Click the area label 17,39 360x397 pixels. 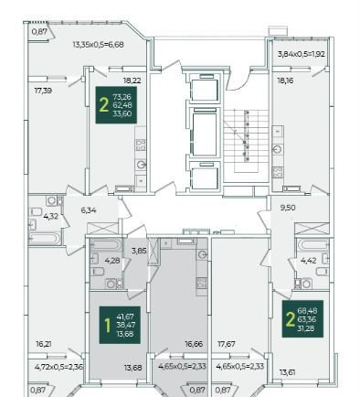pyautogui.click(x=43, y=91)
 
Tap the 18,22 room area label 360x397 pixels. pyautogui.click(x=132, y=80)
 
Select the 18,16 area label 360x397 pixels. pyautogui.click(x=285, y=80)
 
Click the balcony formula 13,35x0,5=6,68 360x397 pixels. pyautogui.click(x=98, y=45)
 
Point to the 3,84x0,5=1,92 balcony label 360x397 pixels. pyautogui.click(x=301, y=54)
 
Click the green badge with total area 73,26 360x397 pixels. pyautogui.click(x=116, y=105)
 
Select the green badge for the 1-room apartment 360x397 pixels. pyautogui.click(x=120, y=325)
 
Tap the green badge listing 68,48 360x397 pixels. pyautogui.click(x=302, y=319)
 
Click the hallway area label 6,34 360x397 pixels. pyautogui.click(x=89, y=210)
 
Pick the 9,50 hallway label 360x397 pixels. pyautogui.click(x=288, y=208)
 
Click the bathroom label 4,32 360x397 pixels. pyautogui.click(x=50, y=217)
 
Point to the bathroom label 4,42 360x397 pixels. pyautogui.click(x=308, y=261)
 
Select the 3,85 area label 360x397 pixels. pyautogui.click(x=139, y=252)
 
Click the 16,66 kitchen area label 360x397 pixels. pyautogui.click(x=194, y=344)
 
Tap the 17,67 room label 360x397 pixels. pyautogui.click(x=227, y=344)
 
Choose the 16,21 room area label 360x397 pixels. pyautogui.click(x=44, y=344)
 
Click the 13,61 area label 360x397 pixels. pyautogui.click(x=287, y=372)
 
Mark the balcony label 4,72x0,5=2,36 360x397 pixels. pyautogui.click(x=58, y=367)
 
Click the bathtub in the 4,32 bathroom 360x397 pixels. pyautogui.click(x=45, y=238)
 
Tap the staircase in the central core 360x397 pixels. pyautogui.click(x=246, y=141)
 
